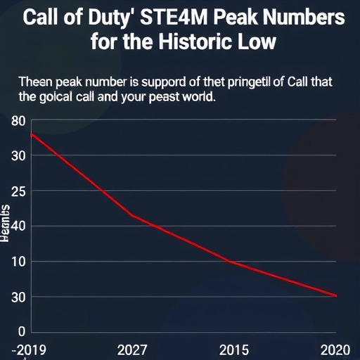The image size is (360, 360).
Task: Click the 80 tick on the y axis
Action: click(19, 121)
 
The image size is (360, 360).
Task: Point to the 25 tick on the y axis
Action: click(19, 191)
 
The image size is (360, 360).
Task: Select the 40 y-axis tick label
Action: click(19, 226)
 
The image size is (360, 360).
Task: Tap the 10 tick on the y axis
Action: click(19, 262)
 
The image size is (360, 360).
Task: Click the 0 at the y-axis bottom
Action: click(22, 332)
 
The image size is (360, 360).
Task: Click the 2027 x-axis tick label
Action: click(133, 349)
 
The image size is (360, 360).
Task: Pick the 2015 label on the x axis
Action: click(233, 349)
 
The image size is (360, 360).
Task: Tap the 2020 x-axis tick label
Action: click(335, 349)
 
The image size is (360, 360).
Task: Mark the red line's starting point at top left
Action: click(31, 134)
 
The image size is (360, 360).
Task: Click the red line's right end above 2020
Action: click(337, 296)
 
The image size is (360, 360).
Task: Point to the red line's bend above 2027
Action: click(132, 215)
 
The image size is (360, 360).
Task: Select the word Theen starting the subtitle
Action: click(34, 82)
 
